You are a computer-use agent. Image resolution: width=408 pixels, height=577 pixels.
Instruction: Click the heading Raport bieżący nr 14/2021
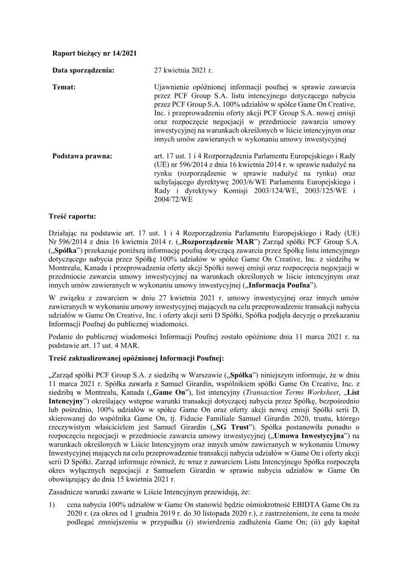pos(95,53)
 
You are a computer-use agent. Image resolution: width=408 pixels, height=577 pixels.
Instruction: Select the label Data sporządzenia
pos(83,70)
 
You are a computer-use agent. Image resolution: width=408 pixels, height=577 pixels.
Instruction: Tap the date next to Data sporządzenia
pos(183,70)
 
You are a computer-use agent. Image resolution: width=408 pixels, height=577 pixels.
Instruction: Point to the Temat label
pos(64,88)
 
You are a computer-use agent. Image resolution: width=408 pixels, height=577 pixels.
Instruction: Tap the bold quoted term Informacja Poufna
pos(282,285)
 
